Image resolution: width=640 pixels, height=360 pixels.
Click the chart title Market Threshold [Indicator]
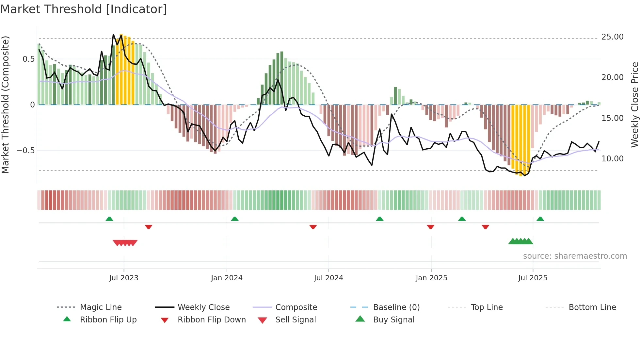(84, 9)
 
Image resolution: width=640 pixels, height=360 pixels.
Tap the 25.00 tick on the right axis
(612, 37)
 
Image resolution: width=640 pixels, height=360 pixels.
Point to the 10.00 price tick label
(612, 159)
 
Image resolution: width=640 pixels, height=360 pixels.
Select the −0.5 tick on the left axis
(26, 151)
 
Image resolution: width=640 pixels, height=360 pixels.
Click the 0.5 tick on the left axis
(28, 59)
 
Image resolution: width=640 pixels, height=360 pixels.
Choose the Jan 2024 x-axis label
(227, 278)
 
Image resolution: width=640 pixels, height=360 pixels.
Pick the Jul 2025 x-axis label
(533, 278)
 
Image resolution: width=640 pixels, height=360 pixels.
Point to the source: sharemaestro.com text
(575, 256)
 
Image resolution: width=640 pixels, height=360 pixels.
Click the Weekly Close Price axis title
(634, 105)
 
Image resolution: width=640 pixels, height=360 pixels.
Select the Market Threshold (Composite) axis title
(5, 105)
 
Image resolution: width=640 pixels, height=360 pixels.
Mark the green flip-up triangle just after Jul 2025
(540, 219)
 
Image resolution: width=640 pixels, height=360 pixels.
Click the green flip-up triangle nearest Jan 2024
(234, 219)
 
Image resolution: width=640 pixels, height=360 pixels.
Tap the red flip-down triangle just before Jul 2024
(313, 227)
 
